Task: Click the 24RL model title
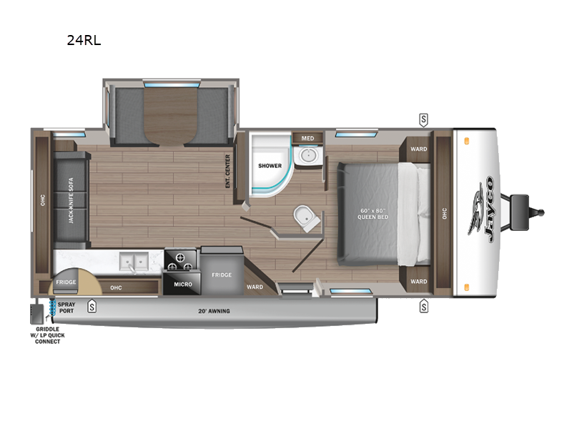click(84, 40)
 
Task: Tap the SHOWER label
click(270, 166)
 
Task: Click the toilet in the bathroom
click(307, 219)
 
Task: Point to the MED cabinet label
click(307, 138)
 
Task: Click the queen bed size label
click(373, 214)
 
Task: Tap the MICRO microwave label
click(183, 284)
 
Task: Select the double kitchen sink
click(134, 262)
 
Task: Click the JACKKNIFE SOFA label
click(71, 200)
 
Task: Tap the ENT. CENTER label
click(227, 171)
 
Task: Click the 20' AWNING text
click(214, 311)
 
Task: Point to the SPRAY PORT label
click(66, 307)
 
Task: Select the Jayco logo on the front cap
click(481, 209)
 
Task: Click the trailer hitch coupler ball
click(541, 212)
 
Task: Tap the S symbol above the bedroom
click(423, 119)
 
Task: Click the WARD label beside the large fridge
click(255, 287)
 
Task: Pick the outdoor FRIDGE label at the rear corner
click(66, 282)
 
